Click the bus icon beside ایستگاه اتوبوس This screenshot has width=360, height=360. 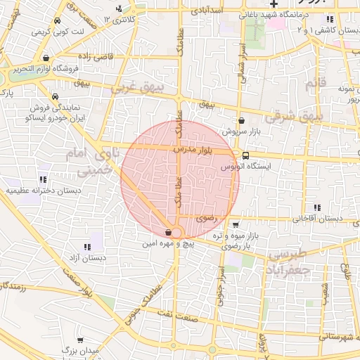point(245,156)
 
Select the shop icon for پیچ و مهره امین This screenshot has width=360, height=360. point(169,233)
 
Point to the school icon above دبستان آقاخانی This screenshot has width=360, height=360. point(318,207)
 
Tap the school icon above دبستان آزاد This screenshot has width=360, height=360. point(87,247)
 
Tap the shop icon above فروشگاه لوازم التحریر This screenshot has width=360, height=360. point(46,58)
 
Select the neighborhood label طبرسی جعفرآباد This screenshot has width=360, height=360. point(288,260)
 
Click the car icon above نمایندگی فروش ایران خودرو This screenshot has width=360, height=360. point(56,97)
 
